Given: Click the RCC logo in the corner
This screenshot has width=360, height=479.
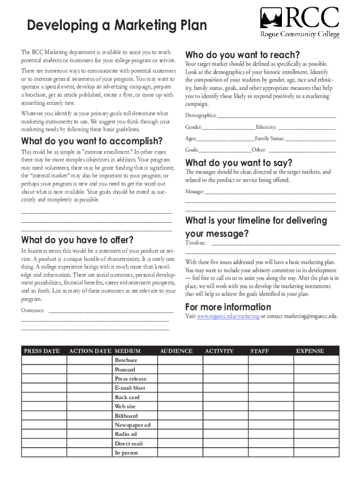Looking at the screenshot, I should [299, 22].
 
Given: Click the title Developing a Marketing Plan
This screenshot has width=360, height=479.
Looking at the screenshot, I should [117, 25].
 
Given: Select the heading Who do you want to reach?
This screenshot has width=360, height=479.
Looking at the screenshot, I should [243, 55].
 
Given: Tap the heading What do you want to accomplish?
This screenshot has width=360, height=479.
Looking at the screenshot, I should [92, 141].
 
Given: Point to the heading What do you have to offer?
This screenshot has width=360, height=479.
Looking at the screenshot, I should [78, 240].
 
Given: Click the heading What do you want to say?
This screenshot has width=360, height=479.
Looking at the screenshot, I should [239, 163].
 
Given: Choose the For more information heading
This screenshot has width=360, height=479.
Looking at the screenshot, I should [228, 307].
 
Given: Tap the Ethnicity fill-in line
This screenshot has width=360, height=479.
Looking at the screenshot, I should [307, 128].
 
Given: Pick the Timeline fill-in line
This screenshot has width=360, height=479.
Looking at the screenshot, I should [276, 243].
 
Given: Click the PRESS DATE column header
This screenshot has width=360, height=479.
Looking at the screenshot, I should [42, 351].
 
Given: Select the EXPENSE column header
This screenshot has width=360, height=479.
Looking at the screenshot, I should [310, 351].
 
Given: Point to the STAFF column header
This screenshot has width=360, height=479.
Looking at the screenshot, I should [259, 351].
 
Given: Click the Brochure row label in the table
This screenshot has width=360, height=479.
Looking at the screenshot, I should [126, 360].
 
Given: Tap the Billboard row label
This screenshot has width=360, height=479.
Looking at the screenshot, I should [127, 416].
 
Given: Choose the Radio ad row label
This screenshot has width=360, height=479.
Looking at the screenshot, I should [126, 434].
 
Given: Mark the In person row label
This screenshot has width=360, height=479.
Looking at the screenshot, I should [127, 453].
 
